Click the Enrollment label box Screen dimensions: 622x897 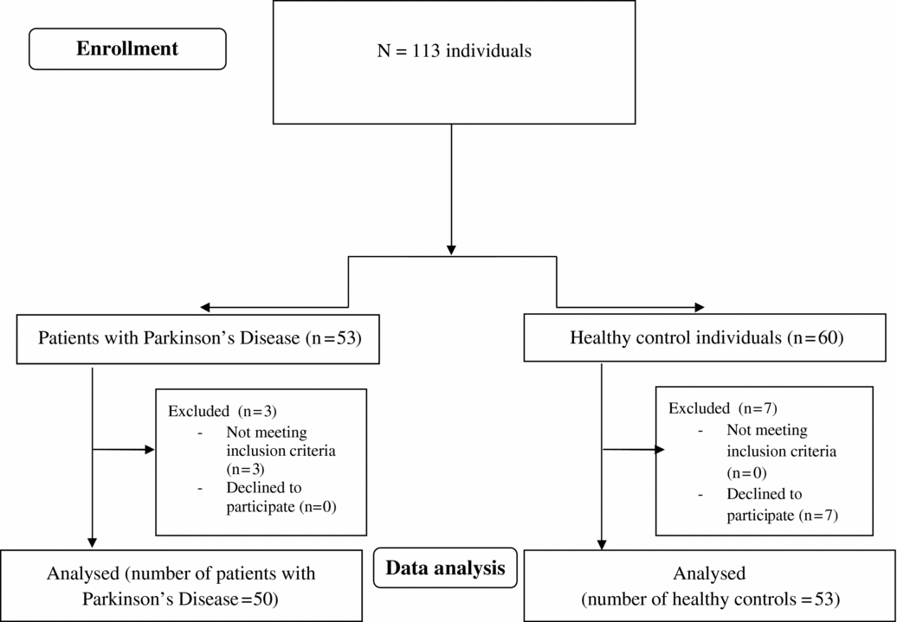tap(127, 48)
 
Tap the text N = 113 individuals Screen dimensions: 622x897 tap(454, 50)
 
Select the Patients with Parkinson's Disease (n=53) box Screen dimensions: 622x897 tap(199, 337)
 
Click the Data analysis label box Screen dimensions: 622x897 tap(445, 568)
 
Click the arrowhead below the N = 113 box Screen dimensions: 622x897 tap(451, 250)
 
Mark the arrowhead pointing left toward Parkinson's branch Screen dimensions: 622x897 tap(204, 306)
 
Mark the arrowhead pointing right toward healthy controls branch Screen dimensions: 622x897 tap(699, 306)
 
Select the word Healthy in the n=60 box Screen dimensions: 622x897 tap(597, 337)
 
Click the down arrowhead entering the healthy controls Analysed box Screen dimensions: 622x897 tap(602, 542)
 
